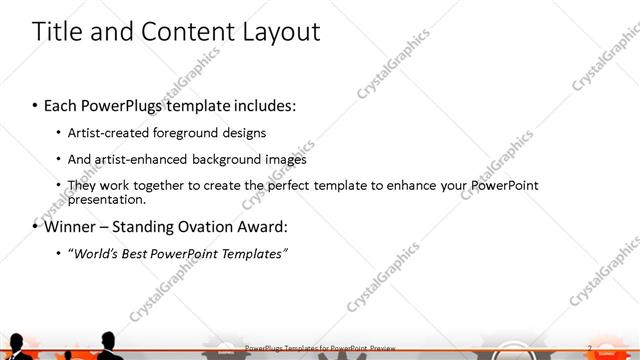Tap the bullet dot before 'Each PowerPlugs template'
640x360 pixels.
36,104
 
